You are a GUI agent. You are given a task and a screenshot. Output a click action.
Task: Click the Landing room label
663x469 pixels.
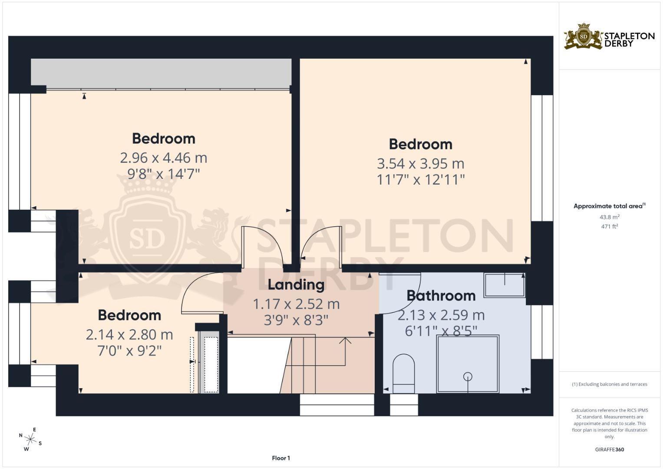click(296, 285)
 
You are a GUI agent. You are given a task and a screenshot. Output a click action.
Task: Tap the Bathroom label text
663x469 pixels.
click(441, 296)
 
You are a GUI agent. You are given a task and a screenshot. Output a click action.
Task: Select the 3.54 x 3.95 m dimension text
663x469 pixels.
click(420, 164)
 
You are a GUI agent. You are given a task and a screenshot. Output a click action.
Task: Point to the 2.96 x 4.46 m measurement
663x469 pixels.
click(163, 158)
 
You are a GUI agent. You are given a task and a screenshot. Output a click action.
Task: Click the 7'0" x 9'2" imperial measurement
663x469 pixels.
click(129, 350)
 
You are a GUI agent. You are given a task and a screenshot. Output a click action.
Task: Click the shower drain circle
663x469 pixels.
click(468, 377)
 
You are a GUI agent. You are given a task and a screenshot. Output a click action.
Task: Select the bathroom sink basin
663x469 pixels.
click(505, 285)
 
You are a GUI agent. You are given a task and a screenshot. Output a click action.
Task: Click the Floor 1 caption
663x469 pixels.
click(281, 458)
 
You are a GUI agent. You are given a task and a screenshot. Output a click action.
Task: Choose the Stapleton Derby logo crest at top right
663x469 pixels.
click(584, 36)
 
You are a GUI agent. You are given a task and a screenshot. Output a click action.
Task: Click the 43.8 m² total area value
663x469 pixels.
click(609, 217)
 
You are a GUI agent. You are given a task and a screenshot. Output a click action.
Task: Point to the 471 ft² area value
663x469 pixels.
click(609, 226)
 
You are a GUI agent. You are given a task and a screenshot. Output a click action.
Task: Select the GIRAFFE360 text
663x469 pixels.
click(609, 449)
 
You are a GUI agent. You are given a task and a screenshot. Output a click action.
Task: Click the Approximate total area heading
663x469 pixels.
click(609, 206)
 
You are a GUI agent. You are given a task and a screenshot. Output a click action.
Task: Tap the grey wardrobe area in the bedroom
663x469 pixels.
click(161, 72)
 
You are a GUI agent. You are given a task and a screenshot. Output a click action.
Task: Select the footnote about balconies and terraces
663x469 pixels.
click(609, 384)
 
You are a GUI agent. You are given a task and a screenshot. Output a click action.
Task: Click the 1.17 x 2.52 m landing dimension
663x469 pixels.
click(296, 304)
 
